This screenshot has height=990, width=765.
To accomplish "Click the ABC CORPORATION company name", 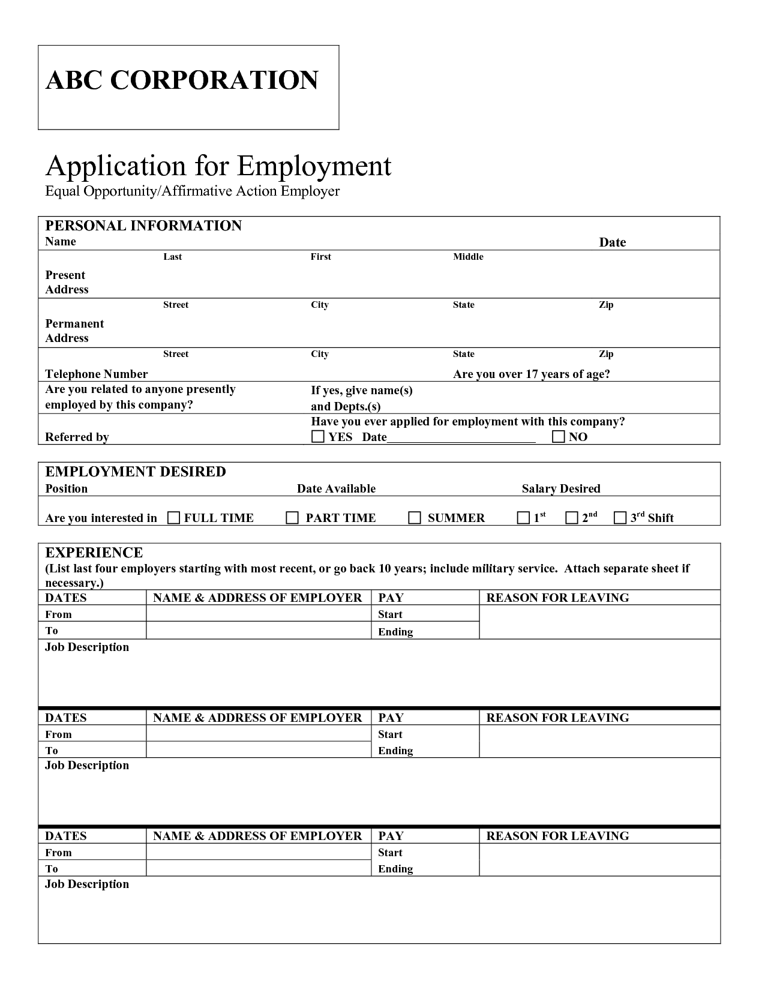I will [182, 80].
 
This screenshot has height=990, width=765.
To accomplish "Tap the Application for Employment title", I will [218, 165].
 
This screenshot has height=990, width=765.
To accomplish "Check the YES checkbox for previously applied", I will [318, 436].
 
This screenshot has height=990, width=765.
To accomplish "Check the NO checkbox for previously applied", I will [559, 436].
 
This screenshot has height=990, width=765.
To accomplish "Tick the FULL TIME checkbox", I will [173, 518].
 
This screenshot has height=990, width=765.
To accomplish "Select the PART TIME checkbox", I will [292, 518].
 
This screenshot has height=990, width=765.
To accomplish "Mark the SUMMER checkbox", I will [415, 518].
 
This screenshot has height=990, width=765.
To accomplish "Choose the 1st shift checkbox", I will [523, 518].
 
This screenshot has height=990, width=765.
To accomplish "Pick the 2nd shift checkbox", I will [572, 518].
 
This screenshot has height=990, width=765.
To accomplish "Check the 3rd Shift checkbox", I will [620, 518].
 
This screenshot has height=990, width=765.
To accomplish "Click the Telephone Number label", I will [97, 374].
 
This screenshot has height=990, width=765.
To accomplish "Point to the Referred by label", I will [77, 437].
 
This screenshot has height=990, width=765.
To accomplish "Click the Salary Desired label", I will [561, 488].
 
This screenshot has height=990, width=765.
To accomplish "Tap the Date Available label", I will [336, 488].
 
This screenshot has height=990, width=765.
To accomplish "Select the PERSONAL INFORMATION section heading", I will [143, 226].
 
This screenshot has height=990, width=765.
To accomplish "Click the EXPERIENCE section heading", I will [94, 553].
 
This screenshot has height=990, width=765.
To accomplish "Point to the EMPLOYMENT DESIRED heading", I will [136, 472].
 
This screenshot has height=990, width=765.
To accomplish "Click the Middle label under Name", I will [468, 257].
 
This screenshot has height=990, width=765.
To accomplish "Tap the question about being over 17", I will [532, 374].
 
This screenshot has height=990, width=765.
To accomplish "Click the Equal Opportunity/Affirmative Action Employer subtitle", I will [193, 191].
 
